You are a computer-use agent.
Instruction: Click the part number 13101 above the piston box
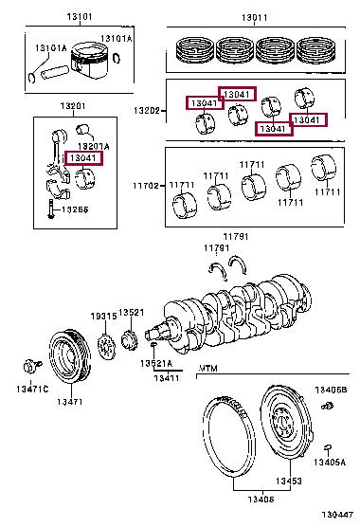[x=80, y=16]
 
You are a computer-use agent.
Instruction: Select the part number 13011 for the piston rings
[x=255, y=17]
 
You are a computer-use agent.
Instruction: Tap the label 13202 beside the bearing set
[x=147, y=110]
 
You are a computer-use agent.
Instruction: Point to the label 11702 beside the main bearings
[x=146, y=186]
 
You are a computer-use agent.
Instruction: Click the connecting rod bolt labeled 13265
[x=51, y=209]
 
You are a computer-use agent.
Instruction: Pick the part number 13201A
[x=94, y=146]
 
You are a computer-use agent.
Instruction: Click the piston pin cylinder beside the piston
[x=55, y=73]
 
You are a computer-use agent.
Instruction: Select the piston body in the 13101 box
[x=90, y=61]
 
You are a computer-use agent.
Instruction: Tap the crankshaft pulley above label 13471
[x=70, y=356]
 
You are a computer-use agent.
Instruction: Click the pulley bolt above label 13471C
[x=32, y=366]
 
